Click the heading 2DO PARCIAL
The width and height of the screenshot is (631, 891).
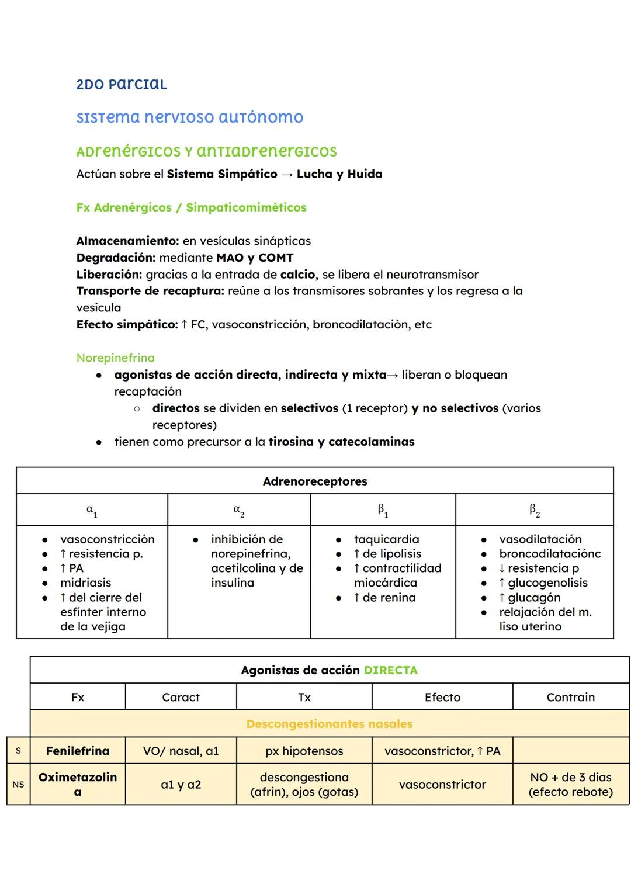point(122,84)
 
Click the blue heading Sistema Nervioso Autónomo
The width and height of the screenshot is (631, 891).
point(190,117)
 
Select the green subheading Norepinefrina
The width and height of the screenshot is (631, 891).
point(115,358)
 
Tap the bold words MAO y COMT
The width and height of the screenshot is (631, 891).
point(255,258)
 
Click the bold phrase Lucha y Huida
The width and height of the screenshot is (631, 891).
point(339,174)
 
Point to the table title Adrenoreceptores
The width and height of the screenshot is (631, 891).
point(315,481)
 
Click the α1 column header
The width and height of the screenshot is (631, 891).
point(92,510)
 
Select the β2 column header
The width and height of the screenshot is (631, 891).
point(534,510)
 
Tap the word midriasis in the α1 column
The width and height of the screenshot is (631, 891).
point(85,583)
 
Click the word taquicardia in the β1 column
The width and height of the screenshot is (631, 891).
point(386,539)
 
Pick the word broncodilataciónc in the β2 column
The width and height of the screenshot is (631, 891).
point(550,554)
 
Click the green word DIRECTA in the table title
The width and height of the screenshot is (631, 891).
point(390,670)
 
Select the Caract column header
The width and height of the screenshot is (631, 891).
point(181,697)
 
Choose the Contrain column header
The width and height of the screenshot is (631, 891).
point(570,697)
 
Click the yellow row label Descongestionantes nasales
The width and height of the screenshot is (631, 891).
point(330,724)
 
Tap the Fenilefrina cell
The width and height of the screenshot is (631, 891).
point(78,751)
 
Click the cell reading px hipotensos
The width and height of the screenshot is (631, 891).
point(304,751)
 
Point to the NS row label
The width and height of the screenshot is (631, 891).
point(18,785)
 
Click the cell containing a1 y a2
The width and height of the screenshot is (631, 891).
point(181,785)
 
